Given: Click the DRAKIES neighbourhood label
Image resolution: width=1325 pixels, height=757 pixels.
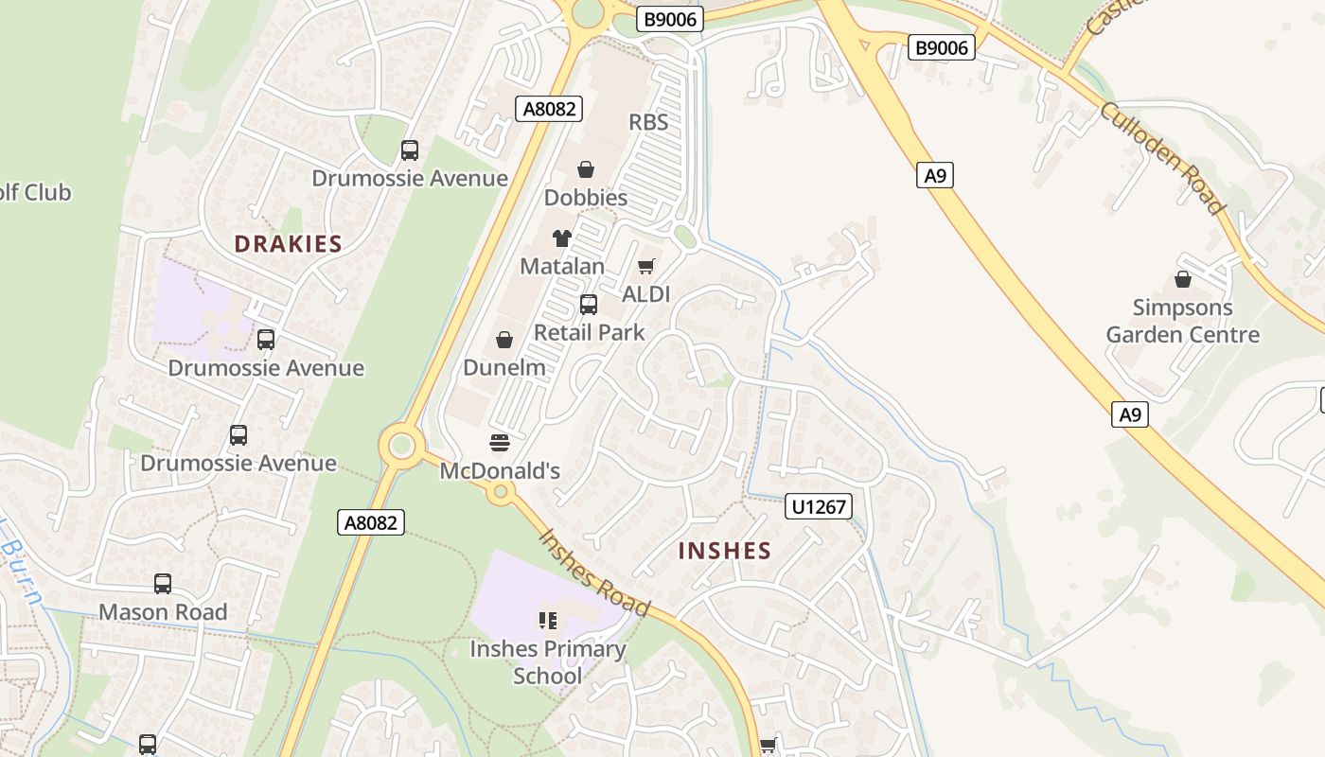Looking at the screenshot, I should [x=288, y=244].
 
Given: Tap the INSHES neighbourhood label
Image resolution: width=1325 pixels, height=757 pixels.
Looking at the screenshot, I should [x=725, y=551].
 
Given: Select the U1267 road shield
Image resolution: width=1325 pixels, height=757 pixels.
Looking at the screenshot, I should [x=819, y=507].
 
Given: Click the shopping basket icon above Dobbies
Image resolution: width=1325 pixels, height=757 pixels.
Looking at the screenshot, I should [x=586, y=170].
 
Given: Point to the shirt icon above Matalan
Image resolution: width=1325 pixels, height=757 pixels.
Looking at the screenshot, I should [x=562, y=238].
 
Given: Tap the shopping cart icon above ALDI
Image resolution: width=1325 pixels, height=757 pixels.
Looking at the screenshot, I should [x=646, y=267].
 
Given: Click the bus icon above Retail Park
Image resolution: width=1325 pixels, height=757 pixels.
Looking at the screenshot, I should [x=589, y=305].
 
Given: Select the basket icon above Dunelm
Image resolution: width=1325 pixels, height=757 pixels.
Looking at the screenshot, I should [x=504, y=340].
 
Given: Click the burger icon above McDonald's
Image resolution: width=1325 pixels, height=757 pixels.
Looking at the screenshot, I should [x=500, y=443].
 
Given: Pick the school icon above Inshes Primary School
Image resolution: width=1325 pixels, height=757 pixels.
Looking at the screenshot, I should [x=548, y=621].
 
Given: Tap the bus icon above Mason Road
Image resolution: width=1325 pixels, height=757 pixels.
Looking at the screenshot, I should [x=163, y=584].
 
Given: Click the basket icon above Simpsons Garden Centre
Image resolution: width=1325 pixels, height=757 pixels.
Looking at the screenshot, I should [x=1183, y=279].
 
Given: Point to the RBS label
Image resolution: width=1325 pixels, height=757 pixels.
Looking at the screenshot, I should [x=648, y=122].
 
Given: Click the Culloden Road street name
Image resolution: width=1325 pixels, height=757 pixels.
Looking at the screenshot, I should [x=1161, y=158].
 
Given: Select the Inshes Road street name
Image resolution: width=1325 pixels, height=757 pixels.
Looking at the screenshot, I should [x=594, y=572].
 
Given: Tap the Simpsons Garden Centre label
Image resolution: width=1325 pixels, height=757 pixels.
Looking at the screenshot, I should [x=1183, y=321].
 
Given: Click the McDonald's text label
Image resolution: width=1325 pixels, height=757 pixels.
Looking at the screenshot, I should [x=500, y=470].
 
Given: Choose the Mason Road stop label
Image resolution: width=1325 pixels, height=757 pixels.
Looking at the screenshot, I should [x=163, y=612].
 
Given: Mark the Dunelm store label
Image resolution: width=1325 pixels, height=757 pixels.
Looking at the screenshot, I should [x=504, y=367].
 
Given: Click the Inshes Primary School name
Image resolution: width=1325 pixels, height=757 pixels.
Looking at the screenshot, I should [x=548, y=662].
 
